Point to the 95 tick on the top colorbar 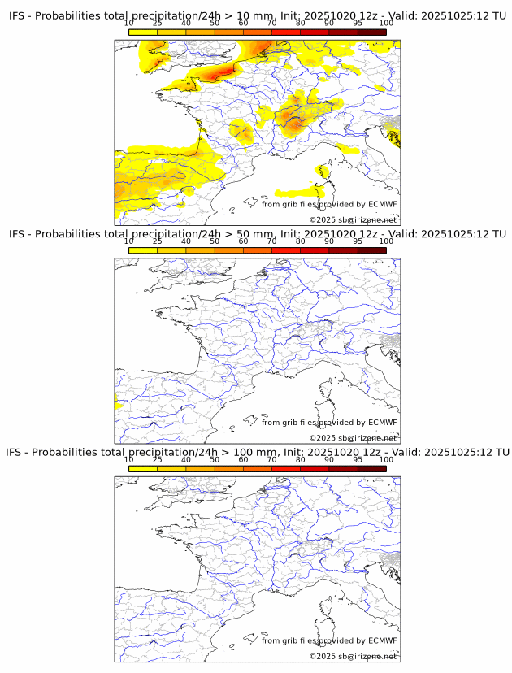[358, 24]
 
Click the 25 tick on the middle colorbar [158, 241]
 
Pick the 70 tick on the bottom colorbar [271, 459]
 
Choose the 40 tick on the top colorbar [186, 24]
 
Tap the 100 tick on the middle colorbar [386, 241]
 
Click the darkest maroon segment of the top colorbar [371, 32]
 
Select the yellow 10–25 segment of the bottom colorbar [143, 468]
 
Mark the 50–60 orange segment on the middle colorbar [228, 250]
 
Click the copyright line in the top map [353, 220]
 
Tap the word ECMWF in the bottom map [382, 640]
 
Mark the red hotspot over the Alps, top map [294, 124]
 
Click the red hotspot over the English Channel [221, 72]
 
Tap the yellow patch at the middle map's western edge [117, 401]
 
